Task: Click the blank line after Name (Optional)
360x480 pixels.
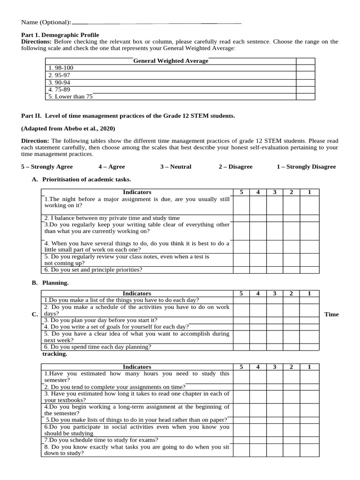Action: point(157,22)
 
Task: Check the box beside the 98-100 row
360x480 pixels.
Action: point(305,68)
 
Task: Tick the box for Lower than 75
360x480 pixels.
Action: point(305,97)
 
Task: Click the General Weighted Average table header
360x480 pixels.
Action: point(171,61)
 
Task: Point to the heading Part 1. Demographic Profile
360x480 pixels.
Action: point(60,35)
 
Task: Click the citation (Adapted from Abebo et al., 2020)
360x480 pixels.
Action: point(68,128)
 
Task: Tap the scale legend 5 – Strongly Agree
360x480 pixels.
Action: point(47,166)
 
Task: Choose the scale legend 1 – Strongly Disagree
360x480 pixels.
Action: point(306,166)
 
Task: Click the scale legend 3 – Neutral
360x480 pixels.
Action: point(172,166)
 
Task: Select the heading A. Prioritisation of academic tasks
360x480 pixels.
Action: point(87,179)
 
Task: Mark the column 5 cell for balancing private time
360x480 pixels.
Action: point(241,218)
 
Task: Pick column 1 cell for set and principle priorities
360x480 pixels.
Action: point(309,270)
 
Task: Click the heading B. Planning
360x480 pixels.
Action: point(55,283)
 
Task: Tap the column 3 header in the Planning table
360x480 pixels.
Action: point(275,293)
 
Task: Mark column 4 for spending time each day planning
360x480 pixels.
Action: point(258,347)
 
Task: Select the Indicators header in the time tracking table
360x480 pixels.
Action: point(137,367)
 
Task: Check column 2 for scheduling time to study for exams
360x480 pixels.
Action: point(291,440)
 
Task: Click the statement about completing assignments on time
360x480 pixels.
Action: point(115,387)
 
